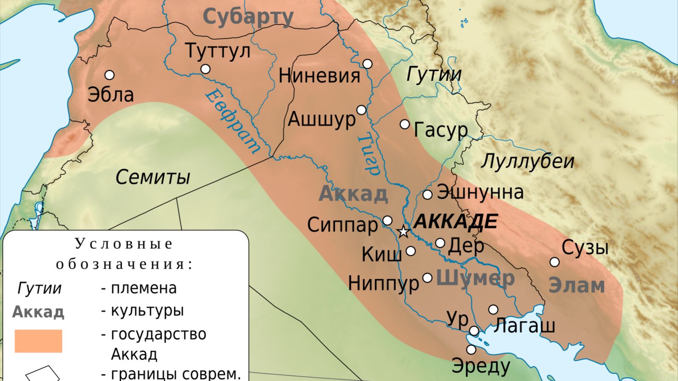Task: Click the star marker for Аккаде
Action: pyautogui.click(x=403, y=232)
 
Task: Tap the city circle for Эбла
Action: pyautogui.click(x=109, y=75)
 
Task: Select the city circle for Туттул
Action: pyautogui.click(x=206, y=69)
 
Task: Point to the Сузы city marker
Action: pyautogui.click(x=554, y=262)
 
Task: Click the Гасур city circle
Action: pyautogui.click(x=405, y=124)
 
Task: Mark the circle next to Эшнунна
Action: pyautogui.click(x=428, y=195)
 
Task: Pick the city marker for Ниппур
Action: pyautogui.click(x=428, y=278)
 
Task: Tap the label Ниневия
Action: pyautogui.click(x=319, y=76)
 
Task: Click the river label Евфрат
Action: pyautogui.click(x=232, y=122)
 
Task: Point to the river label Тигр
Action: pyautogui.click(x=368, y=155)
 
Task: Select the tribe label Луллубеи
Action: pyautogui.click(x=528, y=161)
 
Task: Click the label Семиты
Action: pyautogui.click(x=153, y=177)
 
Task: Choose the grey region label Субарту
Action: pyautogui.click(x=248, y=17)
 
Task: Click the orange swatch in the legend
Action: pyautogui.click(x=38, y=341)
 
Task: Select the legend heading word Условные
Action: pyautogui.click(x=124, y=244)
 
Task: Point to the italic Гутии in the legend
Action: pyautogui.click(x=39, y=288)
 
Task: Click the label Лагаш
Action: pyautogui.click(x=524, y=325)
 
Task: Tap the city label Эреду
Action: pyautogui.click(x=481, y=365)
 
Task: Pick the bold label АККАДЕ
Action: pyautogui.click(x=455, y=222)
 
